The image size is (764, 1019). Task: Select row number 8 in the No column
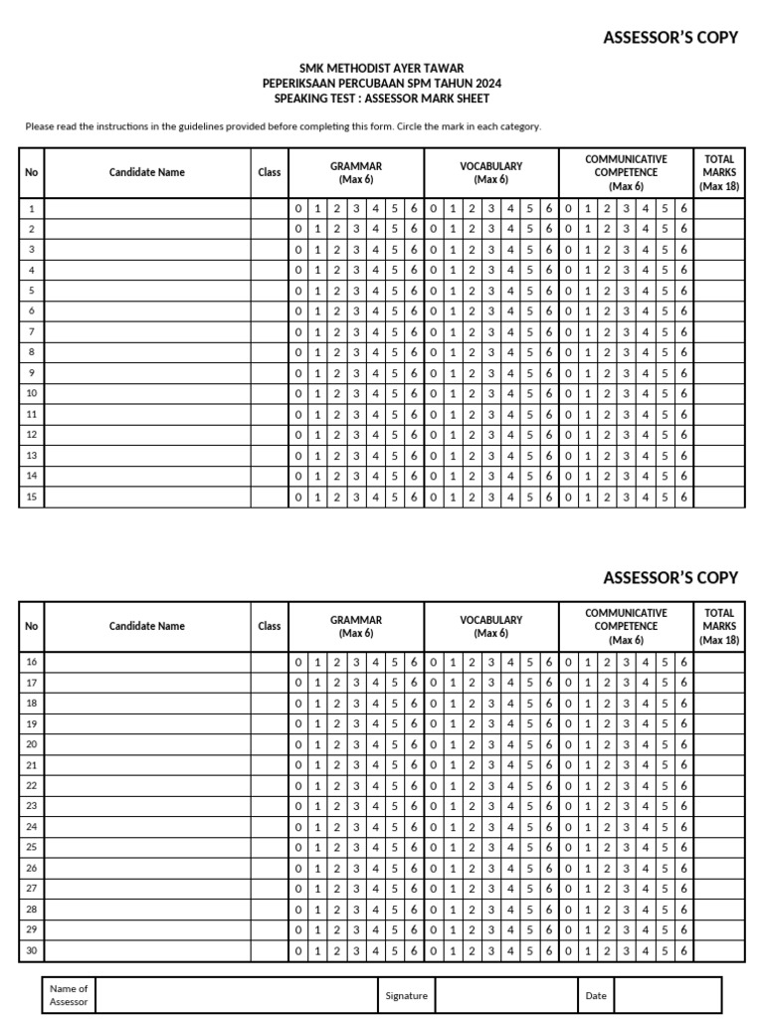(x=32, y=352)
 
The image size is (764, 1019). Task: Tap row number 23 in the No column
(x=32, y=806)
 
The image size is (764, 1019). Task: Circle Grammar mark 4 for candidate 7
(x=375, y=331)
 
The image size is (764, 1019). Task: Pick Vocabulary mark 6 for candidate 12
(x=548, y=435)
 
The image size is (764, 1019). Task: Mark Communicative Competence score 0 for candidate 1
(x=568, y=209)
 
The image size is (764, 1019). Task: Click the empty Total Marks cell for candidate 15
(x=718, y=497)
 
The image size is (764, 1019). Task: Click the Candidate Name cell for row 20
(x=147, y=744)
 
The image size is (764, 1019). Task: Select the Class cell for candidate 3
(x=269, y=250)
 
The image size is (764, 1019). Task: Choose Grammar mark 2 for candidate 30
(x=336, y=951)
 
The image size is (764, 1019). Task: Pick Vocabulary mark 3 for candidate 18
(x=490, y=704)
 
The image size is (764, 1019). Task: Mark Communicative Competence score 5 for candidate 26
(x=665, y=869)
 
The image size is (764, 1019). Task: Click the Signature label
(x=406, y=995)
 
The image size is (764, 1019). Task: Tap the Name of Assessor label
(x=69, y=995)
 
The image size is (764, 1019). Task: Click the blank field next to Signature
(x=505, y=995)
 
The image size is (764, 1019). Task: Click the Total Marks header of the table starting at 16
(x=718, y=627)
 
